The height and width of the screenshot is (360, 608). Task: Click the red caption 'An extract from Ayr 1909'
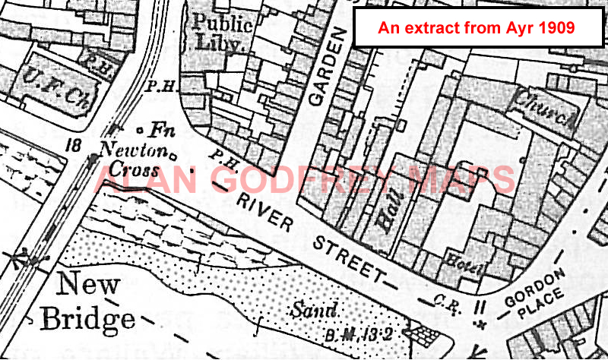coord(477,29)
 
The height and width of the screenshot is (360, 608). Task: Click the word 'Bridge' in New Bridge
coord(87,318)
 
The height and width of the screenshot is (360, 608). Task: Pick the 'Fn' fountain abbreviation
coord(159,130)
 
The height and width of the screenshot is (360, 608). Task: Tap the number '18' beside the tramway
coord(74,144)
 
